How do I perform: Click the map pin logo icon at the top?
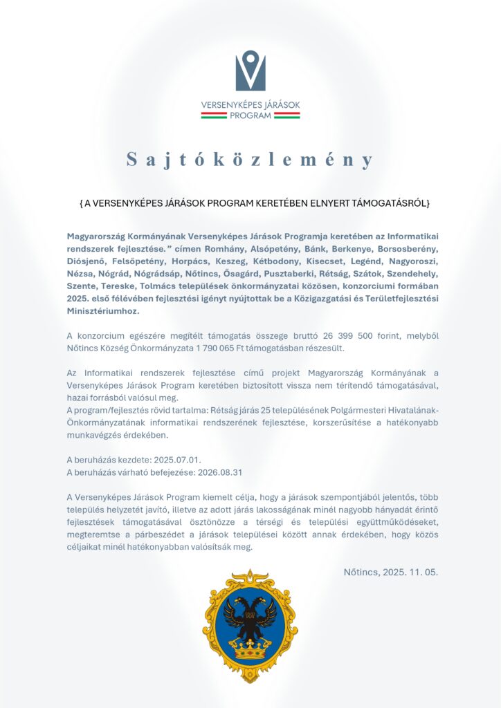[250, 71]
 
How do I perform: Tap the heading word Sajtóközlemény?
[250, 160]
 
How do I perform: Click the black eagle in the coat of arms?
[250, 616]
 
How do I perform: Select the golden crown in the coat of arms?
[250, 651]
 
